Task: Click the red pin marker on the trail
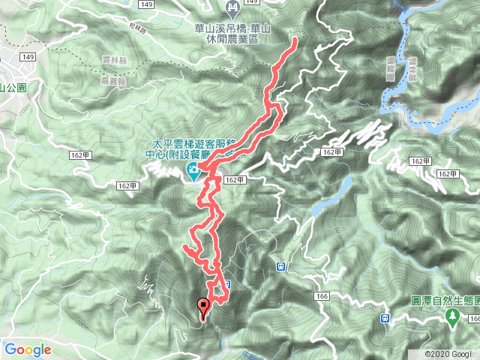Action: click(x=202, y=307)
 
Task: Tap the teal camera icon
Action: click(x=193, y=172)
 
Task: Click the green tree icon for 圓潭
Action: click(x=453, y=317)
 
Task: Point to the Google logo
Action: click(x=27, y=349)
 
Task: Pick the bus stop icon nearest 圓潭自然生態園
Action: click(x=384, y=317)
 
